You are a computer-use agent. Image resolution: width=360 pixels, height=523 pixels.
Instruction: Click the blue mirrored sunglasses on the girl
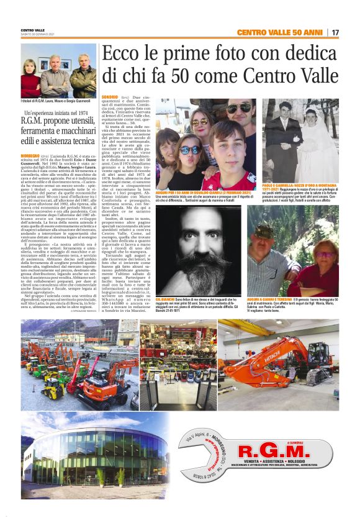191,150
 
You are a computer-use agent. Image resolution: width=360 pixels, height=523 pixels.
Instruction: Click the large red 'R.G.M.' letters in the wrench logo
282,450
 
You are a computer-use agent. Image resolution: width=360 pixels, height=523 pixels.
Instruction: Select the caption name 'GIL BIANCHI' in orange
166,299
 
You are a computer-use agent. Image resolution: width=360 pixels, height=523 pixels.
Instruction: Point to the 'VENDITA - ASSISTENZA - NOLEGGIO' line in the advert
282,463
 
